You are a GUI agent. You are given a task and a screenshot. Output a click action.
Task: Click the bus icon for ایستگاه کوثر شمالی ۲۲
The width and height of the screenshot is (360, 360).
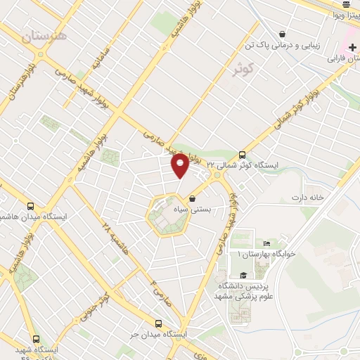point(243,155)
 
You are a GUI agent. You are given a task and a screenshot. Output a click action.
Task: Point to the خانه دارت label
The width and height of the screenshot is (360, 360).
point(309,198)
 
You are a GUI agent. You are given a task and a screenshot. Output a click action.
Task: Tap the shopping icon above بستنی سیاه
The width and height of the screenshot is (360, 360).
point(192,199)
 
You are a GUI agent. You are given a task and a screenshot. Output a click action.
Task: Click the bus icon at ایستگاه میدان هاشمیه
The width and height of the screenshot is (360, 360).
point(30,207)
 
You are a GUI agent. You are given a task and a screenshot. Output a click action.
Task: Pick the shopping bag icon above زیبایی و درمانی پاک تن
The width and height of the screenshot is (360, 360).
point(282,34)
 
